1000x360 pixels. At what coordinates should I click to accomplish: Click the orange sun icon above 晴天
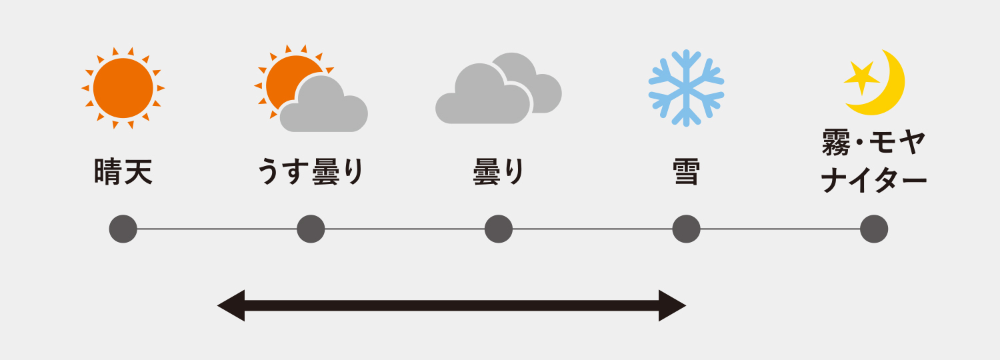pos(123,88)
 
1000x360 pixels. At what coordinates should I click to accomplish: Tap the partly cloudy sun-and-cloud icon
pos(311,89)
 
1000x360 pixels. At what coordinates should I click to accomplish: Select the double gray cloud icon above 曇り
pos(499,88)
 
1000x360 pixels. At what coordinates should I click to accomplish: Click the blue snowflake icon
pos(686,88)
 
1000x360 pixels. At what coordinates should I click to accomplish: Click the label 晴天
pos(123,171)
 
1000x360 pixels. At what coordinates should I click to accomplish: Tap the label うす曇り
pos(311,171)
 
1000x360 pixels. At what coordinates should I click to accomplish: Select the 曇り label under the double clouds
pos(499,171)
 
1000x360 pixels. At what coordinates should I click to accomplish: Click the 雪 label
pos(686,171)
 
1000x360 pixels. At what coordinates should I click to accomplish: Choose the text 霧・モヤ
pos(873,143)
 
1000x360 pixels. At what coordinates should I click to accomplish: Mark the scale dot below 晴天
pos(123,229)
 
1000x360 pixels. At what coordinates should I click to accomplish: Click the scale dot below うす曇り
pos(311,229)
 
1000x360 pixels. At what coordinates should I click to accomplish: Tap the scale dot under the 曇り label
pos(499,229)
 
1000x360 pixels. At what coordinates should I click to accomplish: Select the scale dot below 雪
pos(686,229)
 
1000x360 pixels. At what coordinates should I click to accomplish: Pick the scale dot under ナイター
pos(874,229)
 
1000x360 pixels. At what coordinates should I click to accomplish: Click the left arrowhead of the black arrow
pos(231,305)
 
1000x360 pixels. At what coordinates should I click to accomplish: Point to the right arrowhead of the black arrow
pos(672,305)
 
